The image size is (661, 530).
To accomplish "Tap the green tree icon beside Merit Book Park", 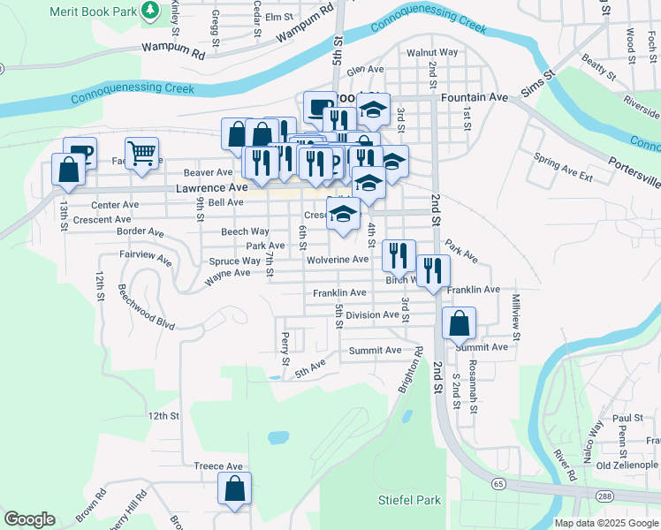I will pyautogui.click(x=151, y=10).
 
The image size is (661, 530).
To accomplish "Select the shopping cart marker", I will pyautogui.click(x=141, y=155).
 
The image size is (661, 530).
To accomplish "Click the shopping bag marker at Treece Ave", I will pyautogui.click(x=235, y=488).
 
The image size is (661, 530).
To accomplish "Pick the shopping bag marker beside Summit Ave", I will pyautogui.click(x=459, y=324).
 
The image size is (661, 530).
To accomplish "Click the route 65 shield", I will pyautogui.click(x=499, y=483).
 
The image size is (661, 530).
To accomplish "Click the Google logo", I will pyautogui.click(x=29, y=519).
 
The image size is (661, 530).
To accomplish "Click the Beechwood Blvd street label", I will pyautogui.click(x=146, y=307).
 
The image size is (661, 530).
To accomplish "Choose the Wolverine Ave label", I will pyautogui.click(x=338, y=260).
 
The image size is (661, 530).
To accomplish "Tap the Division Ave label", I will pyautogui.click(x=372, y=315).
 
